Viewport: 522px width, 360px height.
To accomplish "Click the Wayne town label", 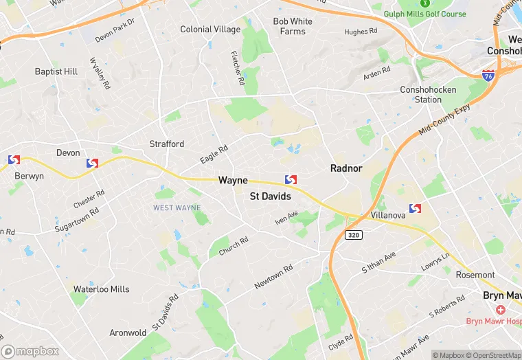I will (x=233, y=180).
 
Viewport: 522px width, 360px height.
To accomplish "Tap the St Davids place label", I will (x=270, y=196).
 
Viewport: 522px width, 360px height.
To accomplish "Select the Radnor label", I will (x=346, y=168).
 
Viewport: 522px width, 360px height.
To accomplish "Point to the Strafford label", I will (x=167, y=144).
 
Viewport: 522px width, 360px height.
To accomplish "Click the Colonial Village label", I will (x=210, y=30).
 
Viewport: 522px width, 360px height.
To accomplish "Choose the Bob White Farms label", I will (x=293, y=26).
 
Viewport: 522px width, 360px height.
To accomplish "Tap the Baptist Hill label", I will (x=56, y=71).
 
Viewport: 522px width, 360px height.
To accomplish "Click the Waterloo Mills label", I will (x=102, y=289).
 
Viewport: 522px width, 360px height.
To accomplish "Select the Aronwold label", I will (x=128, y=333).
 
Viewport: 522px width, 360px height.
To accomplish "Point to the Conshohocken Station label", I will (x=421, y=95).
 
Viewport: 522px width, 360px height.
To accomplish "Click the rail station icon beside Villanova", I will (x=415, y=208).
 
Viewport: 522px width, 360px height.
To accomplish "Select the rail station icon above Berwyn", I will (x=14, y=160).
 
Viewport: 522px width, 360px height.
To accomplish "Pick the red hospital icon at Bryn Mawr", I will (x=500, y=311).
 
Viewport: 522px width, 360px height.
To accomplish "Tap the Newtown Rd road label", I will (x=273, y=277).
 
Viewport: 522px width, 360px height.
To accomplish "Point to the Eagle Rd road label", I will (x=214, y=155).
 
